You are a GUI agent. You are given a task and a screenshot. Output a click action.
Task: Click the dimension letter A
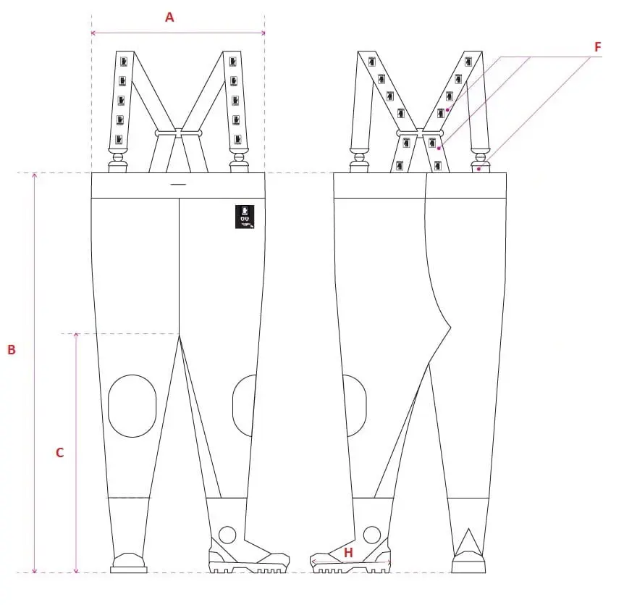pyautogui.click(x=170, y=17)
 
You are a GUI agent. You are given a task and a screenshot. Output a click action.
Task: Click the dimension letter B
pyautogui.click(x=12, y=349)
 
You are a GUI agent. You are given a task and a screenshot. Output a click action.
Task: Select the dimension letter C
pyautogui.click(x=60, y=452)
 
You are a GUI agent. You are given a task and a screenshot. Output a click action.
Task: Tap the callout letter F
pyautogui.click(x=598, y=47)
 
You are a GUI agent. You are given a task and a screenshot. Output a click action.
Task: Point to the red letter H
pyautogui.click(x=348, y=553)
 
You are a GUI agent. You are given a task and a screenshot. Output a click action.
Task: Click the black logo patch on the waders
pyautogui.click(x=245, y=217)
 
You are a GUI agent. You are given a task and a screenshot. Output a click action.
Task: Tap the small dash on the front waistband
pyautogui.click(x=178, y=185)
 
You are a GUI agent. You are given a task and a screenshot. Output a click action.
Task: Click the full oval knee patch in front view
pyautogui.click(x=132, y=406)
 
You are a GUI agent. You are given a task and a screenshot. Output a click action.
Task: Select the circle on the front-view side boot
pyautogui.click(x=227, y=535)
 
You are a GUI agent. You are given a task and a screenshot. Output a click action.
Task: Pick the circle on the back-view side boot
pyautogui.click(x=372, y=535)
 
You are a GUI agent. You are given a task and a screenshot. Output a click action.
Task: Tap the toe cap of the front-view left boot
pyautogui.click(x=129, y=560)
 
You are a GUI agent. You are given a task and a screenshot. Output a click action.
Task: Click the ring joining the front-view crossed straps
pyautogui.click(x=178, y=133)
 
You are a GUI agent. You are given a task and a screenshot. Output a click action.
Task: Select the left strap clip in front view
pyautogui.click(x=117, y=161)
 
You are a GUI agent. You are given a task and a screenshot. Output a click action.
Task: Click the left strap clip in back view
pyautogui.click(x=359, y=161)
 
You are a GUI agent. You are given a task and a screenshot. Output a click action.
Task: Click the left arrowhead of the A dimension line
pyautogui.click(x=93, y=33)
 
